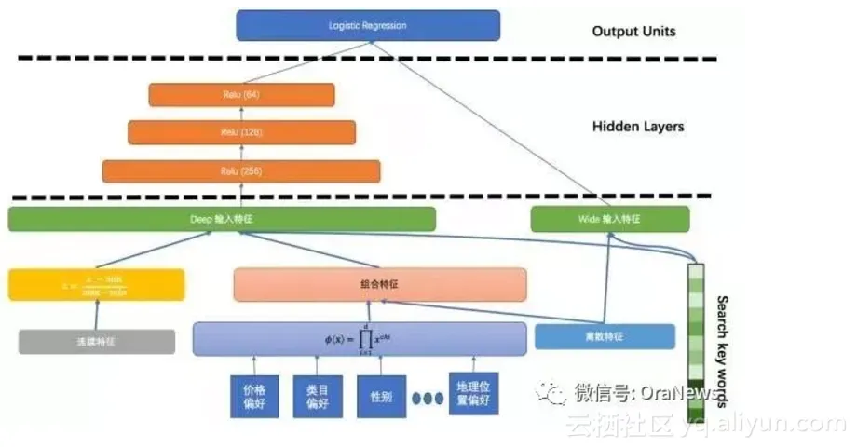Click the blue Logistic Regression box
(x=367, y=25)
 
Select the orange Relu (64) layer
(x=240, y=94)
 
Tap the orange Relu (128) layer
(x=241, y=132)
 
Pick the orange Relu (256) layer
(x=241, y=171)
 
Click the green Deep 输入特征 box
(x=222, y=219)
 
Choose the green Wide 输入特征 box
(x=610, y=219)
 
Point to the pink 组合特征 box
(x=380, y=284)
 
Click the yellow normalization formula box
(x=96, y=284)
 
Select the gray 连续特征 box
(x=96, y=342)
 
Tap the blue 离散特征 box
(x=605, y=336)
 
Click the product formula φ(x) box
(x=360, y=339)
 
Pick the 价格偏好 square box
(x=253, y=395)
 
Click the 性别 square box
(x=381, y=395)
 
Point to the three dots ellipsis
(x=428, y=398)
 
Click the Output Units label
(x=633, y=32)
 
